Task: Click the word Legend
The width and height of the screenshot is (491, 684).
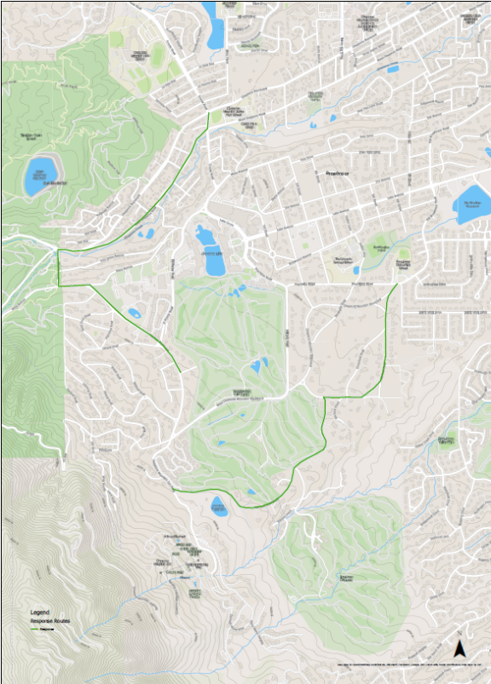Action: point(40,612)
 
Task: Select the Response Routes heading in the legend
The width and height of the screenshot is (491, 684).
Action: point(50,622)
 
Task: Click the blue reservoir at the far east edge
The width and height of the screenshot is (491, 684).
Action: point(472,205)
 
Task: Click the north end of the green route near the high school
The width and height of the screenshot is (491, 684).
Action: point(208,112)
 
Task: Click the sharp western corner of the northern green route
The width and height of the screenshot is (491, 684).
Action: point(58,251)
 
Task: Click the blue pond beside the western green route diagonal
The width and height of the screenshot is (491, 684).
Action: point(135,313)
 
